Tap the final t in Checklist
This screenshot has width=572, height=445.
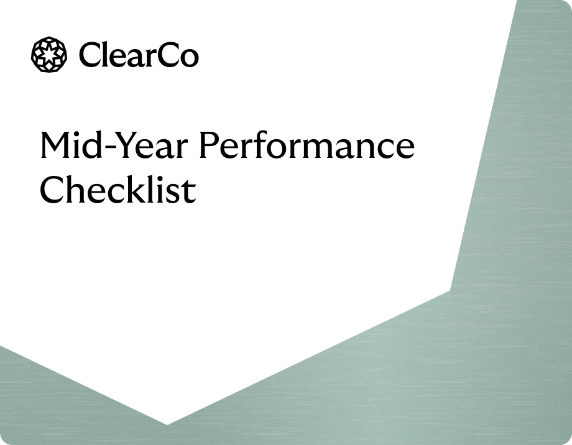[x=190, y=191]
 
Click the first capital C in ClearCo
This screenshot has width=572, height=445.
[x=90, y=55]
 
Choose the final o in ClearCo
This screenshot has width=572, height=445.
[x=189, y=58]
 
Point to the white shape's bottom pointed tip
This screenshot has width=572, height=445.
[x=167, y=424]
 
